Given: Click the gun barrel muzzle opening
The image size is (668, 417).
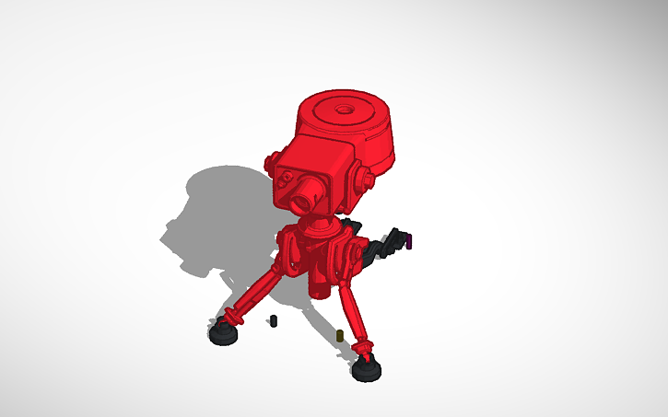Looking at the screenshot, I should click(x=303, y=198).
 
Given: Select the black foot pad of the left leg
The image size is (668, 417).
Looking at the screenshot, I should click(x=223, y=333).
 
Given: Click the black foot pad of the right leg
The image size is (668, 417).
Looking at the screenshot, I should click(x=368, y=370).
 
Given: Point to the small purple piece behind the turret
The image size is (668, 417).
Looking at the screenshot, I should click(x=409, y=241).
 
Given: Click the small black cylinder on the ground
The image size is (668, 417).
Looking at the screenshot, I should click(x=273, y=320).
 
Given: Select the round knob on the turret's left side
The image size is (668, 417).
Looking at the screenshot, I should click(x=271, y=163).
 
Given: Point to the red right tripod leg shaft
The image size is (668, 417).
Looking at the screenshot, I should click(x=353, y=313).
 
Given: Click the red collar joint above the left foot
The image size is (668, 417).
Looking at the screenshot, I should click(x=231, y=317).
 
